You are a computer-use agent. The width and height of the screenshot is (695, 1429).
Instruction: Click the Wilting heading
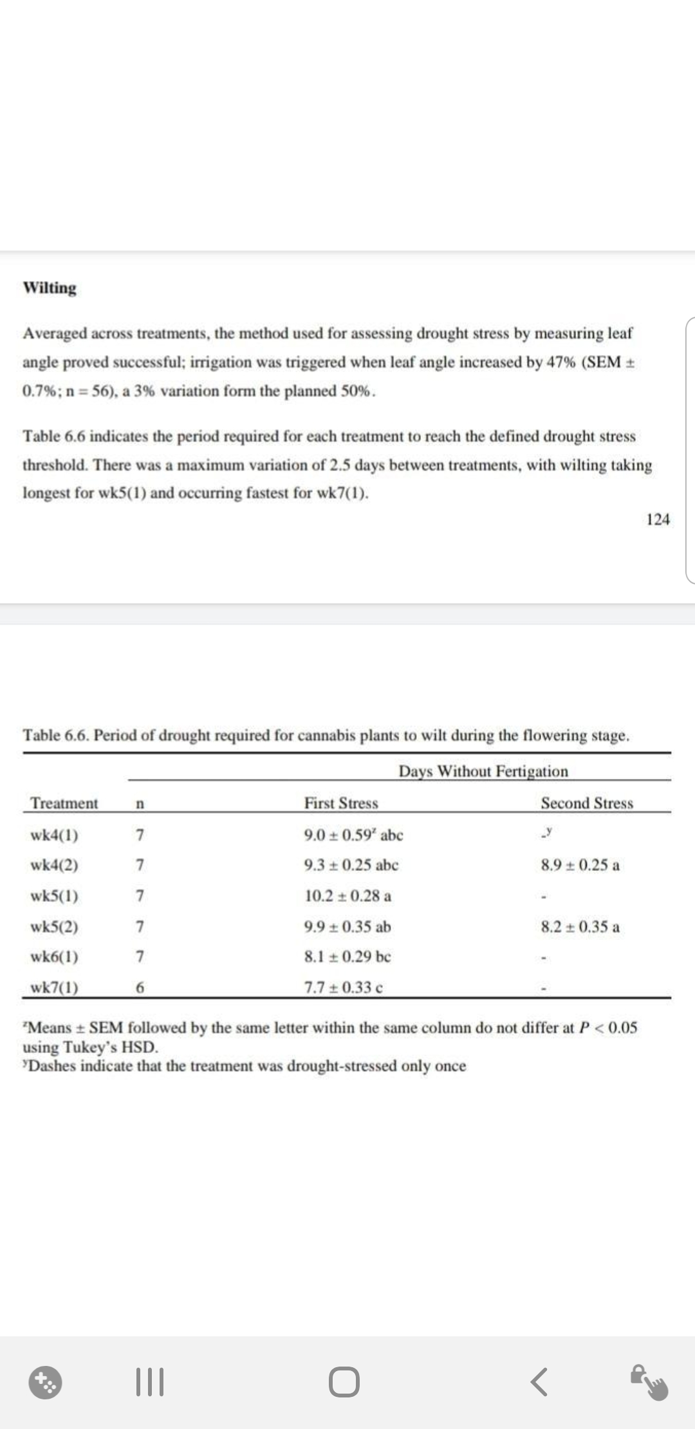[50, 288]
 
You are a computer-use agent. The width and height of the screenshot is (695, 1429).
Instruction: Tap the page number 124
[658, 519]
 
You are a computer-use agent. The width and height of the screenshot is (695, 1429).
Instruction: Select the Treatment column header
[64, 803]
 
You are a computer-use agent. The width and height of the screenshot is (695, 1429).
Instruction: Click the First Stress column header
[341, 803]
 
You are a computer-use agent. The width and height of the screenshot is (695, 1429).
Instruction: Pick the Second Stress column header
[587, 803]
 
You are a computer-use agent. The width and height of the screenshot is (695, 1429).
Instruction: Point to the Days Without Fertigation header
[483, 771]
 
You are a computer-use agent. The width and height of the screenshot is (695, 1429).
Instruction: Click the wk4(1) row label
[55, 836]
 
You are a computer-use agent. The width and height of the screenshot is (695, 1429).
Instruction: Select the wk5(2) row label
[55, 927]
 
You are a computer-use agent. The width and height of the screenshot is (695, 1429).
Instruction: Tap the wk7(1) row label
[55, 987]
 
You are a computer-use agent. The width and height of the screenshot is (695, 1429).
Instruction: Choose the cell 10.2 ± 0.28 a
[348, 896]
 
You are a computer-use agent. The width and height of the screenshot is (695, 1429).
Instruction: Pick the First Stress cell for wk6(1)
[347, 957]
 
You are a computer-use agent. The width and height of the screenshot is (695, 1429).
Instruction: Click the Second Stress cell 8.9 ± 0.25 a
[580, 865]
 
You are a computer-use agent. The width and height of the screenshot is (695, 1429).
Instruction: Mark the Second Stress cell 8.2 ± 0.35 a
[580, 927]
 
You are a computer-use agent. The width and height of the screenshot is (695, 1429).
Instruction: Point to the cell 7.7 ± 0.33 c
[344, 987]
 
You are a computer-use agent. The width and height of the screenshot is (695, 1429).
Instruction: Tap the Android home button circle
[344, 1383]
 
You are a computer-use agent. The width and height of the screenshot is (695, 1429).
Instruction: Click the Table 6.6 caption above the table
[326, 735]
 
